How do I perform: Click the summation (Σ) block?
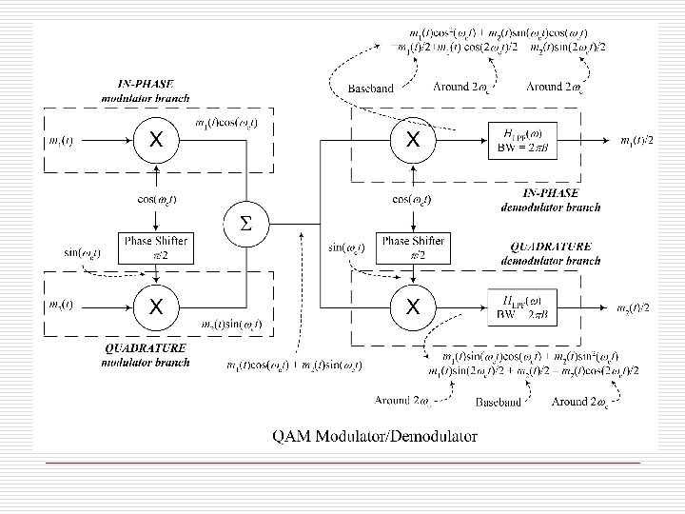pyautogui.click(x=245, y=225)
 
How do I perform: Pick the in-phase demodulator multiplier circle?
pyautogui.click(x=413, y=140)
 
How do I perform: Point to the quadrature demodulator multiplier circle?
pyautogui.click(x=413, y=306)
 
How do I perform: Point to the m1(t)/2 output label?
pyautogui.click(x=636, y=141)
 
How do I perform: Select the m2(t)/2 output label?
pyautogui.click(x=634, y=307)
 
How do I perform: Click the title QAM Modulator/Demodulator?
pyautogui.click(x=375, y=437)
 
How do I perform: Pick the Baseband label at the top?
pyautogui.click(x=370, y=89)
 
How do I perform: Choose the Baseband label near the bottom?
pyautogui.click(x=499, y=403)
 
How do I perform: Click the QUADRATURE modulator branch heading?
pyautogui.click(x=147, y=355)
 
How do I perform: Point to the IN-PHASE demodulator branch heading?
pyautogui.click(x=550, y=200)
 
